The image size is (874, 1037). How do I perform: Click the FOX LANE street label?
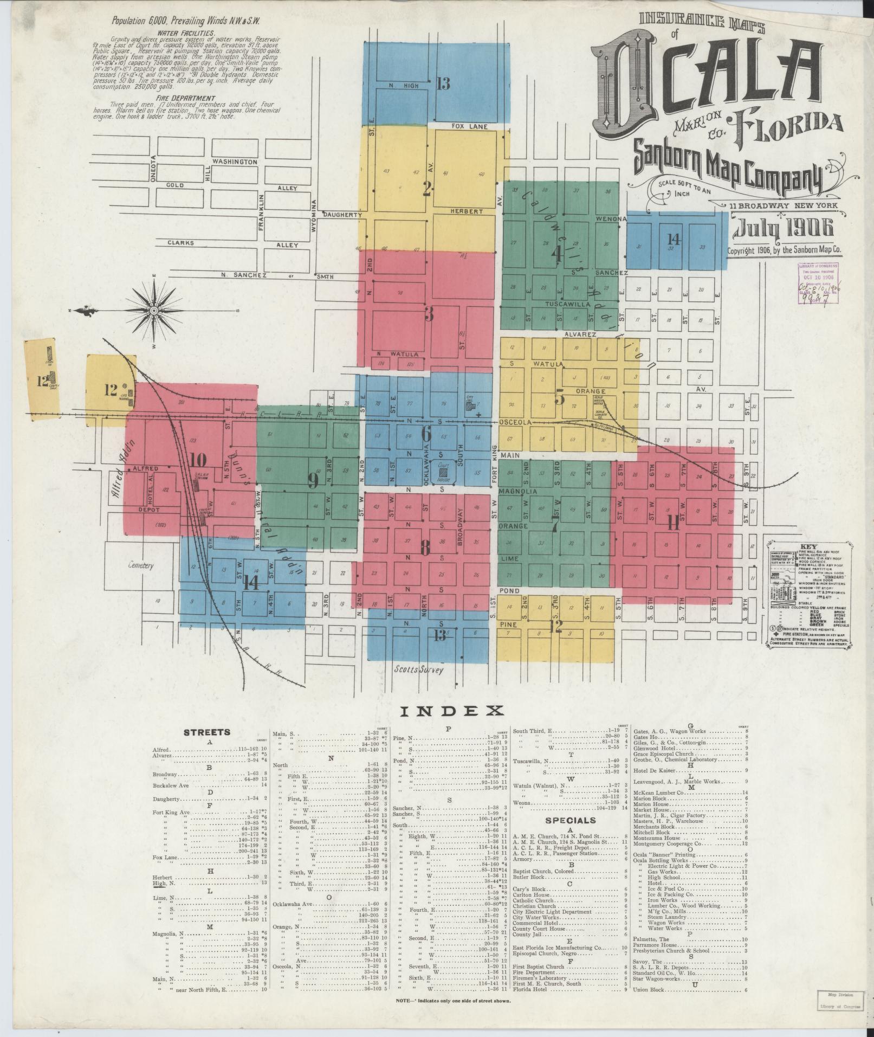point(470,126)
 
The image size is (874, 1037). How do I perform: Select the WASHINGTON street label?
point(235,162)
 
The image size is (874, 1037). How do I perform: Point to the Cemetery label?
point(141,565)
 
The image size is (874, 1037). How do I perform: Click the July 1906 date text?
point(783,229)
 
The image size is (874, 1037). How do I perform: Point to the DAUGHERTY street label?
point(342,215)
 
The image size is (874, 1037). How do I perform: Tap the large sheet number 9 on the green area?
point(313,481)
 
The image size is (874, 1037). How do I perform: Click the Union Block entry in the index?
point(650,990)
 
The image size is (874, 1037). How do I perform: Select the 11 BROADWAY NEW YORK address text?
point(782,205)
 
